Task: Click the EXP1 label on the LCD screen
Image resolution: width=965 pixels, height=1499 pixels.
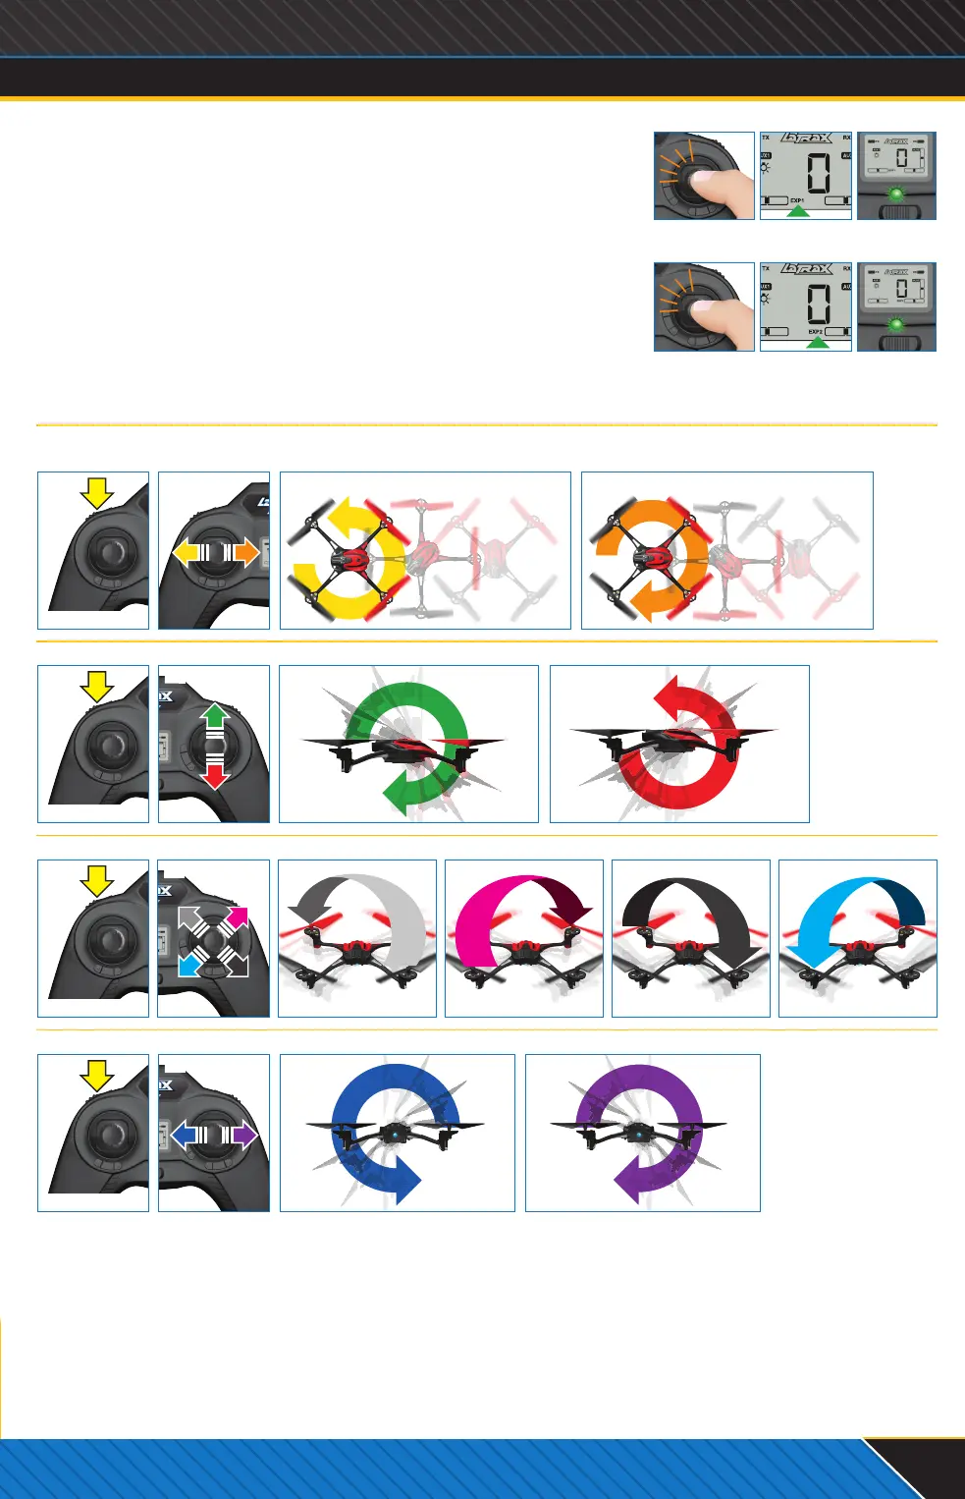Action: tap(797, 200)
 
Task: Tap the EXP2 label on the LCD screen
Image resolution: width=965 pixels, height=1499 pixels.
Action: tap(815, 332)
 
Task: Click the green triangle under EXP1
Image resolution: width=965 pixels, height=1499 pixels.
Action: tap(798, 211)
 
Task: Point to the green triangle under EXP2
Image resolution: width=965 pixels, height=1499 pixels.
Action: tap(816, 343)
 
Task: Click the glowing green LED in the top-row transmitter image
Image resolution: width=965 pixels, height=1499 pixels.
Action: tap(895, 194)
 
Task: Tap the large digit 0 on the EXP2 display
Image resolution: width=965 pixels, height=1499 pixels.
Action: tap(818, 304)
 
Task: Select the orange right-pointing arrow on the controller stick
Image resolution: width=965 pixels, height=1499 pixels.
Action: tap(245, 553)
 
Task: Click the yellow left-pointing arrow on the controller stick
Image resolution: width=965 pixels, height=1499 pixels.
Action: tap(186, 553)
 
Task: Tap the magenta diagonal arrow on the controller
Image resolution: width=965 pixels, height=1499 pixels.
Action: tap(236, 918)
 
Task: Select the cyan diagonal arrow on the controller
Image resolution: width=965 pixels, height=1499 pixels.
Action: tap(189, 965)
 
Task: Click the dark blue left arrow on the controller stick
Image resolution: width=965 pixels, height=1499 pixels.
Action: tap(184, 1136)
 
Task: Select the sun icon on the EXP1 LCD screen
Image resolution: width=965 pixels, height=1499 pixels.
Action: tap(766, 168)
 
